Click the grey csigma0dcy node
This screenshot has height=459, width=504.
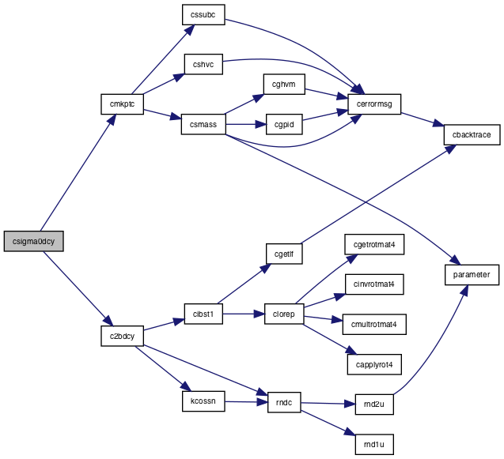(x=34, y=241)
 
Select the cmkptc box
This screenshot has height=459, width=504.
(x=122, y=104)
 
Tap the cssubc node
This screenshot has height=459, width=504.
(x=203, y=15)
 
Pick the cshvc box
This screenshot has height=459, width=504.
(x=203, y=64)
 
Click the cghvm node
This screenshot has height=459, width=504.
(x=284, y=84)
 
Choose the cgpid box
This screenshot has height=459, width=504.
(x=284, y=124)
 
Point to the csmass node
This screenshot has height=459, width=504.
(x=203, y=124)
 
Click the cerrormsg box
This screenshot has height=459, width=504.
(x=374, y=104)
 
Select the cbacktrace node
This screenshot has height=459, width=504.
(x=472, y=134)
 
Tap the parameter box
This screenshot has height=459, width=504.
(x=472, y=275)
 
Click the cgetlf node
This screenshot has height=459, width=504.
(x=284, y=254)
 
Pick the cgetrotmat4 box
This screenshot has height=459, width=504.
(x=374, y=245)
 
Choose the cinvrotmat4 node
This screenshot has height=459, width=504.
(x=374, y=284)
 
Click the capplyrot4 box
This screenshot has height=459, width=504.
(x=374, y=365)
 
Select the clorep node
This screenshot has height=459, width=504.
(x=284, y=314)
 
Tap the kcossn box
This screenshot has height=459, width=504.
(x=203, y=401)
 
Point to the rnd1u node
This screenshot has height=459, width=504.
(x=374, y=445)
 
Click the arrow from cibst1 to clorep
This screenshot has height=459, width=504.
(x=244, y=314)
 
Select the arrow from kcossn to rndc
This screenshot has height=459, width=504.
(x=246, y=401)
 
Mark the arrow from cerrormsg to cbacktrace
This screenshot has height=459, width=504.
(x=423, y=119)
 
